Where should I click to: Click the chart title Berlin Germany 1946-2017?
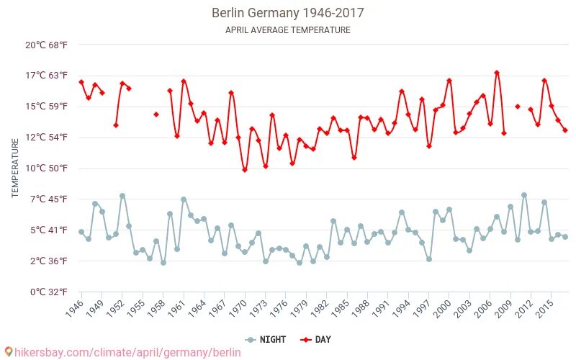(x=287, y=13)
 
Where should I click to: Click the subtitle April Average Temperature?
(x=287, y=30)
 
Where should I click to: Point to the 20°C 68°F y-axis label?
(x=47, y=45)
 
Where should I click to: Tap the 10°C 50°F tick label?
(x=47, y=168)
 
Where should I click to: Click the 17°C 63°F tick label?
(x=47, y=76)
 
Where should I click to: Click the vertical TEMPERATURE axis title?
(x=15, y=168)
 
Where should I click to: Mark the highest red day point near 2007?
(x=497, y=73)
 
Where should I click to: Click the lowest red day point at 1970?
(x=245, y=170)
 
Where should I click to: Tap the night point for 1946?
(x=81, y=232)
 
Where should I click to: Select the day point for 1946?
(x=81, y=82)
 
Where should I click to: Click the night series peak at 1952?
(x=122, y=196)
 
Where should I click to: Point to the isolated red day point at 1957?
(x=156, y=114)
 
